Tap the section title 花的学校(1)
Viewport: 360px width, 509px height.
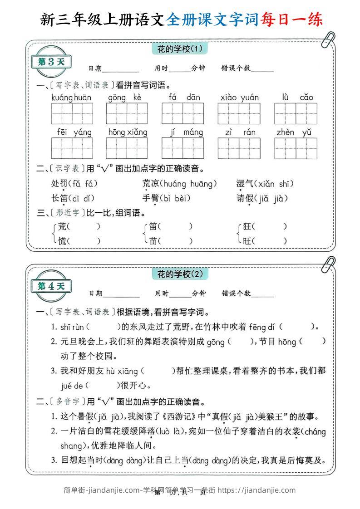(179, 48)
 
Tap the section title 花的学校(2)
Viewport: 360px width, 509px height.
(179, 274)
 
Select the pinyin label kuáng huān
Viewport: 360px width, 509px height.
(71, 98)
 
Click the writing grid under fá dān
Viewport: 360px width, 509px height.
(183, 113)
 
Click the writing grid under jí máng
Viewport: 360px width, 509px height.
(183, 148)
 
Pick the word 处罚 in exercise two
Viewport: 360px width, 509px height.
(59, 184)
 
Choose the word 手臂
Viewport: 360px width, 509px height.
(150, 198)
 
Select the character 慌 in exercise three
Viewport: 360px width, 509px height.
(63, 241)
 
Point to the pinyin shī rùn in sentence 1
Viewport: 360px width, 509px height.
(72, 327)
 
